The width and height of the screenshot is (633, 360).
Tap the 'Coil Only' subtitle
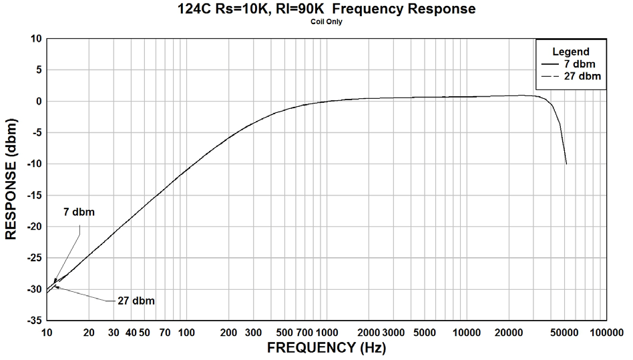click(x=327, y=21)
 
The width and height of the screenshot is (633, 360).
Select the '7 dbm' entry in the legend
click(x=578, y=64)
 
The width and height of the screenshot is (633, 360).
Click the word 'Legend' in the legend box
click(x=570, y=51)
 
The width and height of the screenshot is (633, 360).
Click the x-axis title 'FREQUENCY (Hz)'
click(x=327, y=347)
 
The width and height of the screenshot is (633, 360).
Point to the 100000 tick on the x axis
click(x=605, y=332)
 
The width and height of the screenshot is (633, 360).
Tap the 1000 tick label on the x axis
click(x=327, y=332)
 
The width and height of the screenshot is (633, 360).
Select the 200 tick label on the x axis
click(x=228, y=332)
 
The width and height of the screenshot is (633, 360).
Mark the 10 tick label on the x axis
click(x=47, y=332)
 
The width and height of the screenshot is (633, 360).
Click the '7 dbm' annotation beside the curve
click(x=79, y=212)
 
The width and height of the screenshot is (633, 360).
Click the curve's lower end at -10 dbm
click(x=566, y=164)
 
